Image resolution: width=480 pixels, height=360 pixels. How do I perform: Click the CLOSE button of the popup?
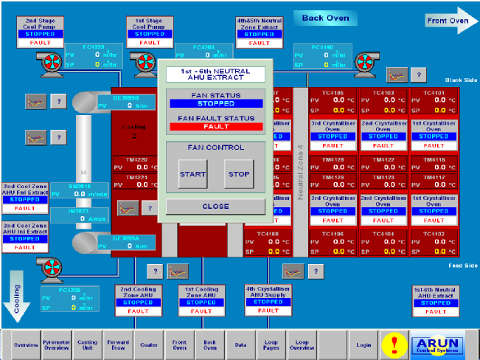pos(215,207)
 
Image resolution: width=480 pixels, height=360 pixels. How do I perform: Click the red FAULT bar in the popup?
pos(215,127)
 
